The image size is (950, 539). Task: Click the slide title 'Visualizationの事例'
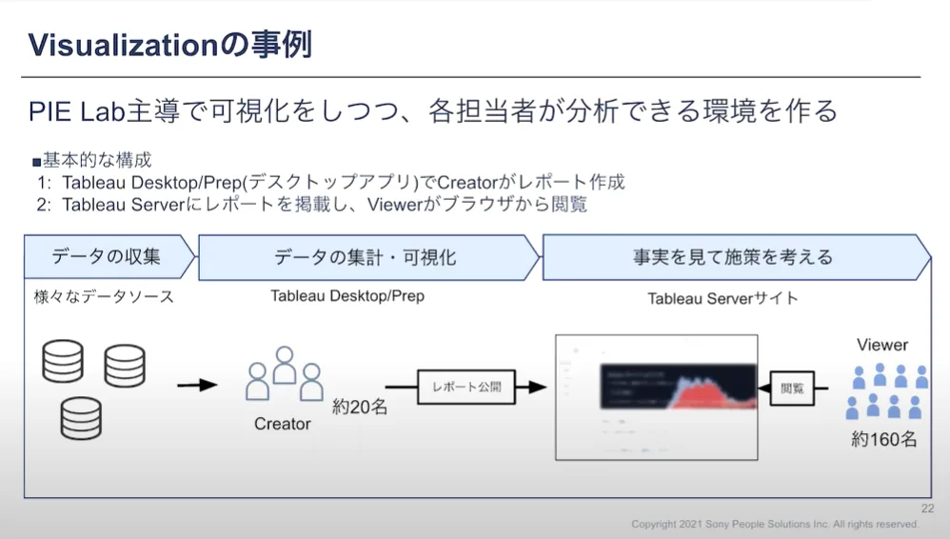tap(169, 44)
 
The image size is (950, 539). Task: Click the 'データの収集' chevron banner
tap(107, 257)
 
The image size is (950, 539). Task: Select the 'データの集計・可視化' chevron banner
tap(366, 257)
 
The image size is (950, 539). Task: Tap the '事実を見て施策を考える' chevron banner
tap(732, 257)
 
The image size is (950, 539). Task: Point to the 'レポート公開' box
tap(466, 388)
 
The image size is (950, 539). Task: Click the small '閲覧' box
tap(791, 389)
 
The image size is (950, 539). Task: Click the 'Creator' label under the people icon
tap(283, 424)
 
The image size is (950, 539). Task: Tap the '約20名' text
tap(360, 407)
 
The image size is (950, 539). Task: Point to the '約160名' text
tap(884, 439)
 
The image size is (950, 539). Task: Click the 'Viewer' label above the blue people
tap(882, 345)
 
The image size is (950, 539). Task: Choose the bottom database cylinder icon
tap(80, 417)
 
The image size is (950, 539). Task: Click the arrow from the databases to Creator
tap(197, 385)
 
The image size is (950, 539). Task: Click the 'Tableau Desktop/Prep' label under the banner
tap(347, 296)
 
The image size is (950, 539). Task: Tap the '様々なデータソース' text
tap(104, 297)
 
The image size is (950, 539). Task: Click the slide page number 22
tap(927, 509)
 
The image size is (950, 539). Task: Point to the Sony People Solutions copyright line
tap(775, 525)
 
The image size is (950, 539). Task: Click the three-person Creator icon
tap(285, 374)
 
